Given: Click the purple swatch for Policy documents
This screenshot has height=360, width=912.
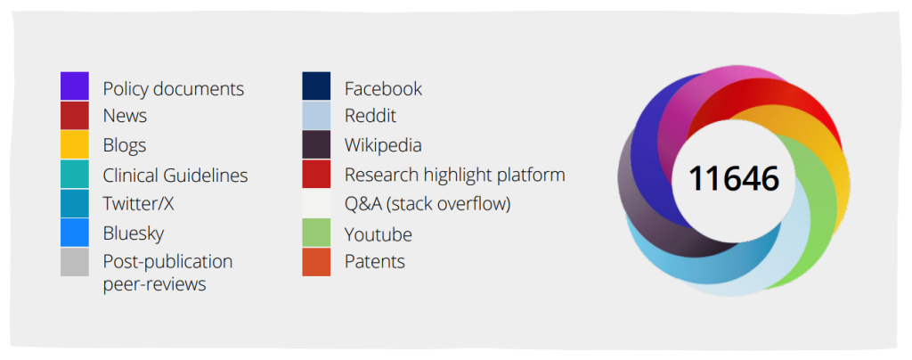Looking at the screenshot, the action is (75, 86).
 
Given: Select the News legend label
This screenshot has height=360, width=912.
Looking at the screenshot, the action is (125, 116).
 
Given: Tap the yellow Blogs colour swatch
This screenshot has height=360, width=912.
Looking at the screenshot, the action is (75, 145).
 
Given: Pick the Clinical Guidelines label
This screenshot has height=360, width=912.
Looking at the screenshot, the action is (175, 175).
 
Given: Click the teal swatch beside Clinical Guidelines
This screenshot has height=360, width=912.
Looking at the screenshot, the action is (75, 174).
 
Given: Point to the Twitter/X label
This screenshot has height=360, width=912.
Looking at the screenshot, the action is (138, 204).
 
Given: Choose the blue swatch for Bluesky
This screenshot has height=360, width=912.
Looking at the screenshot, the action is (75, 233).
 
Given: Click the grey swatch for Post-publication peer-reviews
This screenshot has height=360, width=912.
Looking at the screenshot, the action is (75, 262).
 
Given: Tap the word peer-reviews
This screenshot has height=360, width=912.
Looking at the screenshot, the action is (155, 285).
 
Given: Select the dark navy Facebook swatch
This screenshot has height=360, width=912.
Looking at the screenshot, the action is (316, 86).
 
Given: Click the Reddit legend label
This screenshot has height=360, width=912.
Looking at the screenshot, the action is (370, 116).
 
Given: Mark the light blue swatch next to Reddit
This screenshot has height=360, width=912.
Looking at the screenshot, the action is (316, 115).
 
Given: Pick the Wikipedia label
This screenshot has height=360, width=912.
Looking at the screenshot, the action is (383, 145).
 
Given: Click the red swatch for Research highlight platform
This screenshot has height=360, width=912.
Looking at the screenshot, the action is (316, 174).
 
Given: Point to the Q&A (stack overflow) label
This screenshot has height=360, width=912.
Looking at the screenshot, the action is (427, 204).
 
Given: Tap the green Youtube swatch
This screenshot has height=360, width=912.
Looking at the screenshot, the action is (316, 233).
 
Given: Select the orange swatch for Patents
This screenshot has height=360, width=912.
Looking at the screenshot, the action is (316, 262).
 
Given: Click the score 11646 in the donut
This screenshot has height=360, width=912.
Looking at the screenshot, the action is (734, 178).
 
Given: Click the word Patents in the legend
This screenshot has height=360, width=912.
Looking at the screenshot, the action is (375, 262).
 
